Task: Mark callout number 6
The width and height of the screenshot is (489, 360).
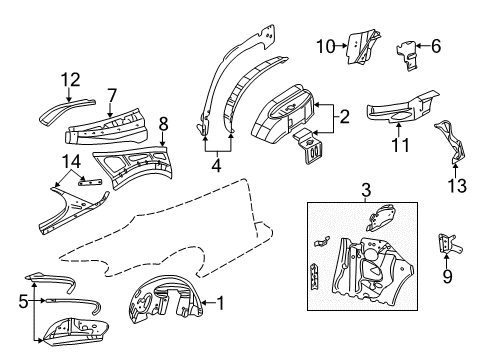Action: (435, 43)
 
